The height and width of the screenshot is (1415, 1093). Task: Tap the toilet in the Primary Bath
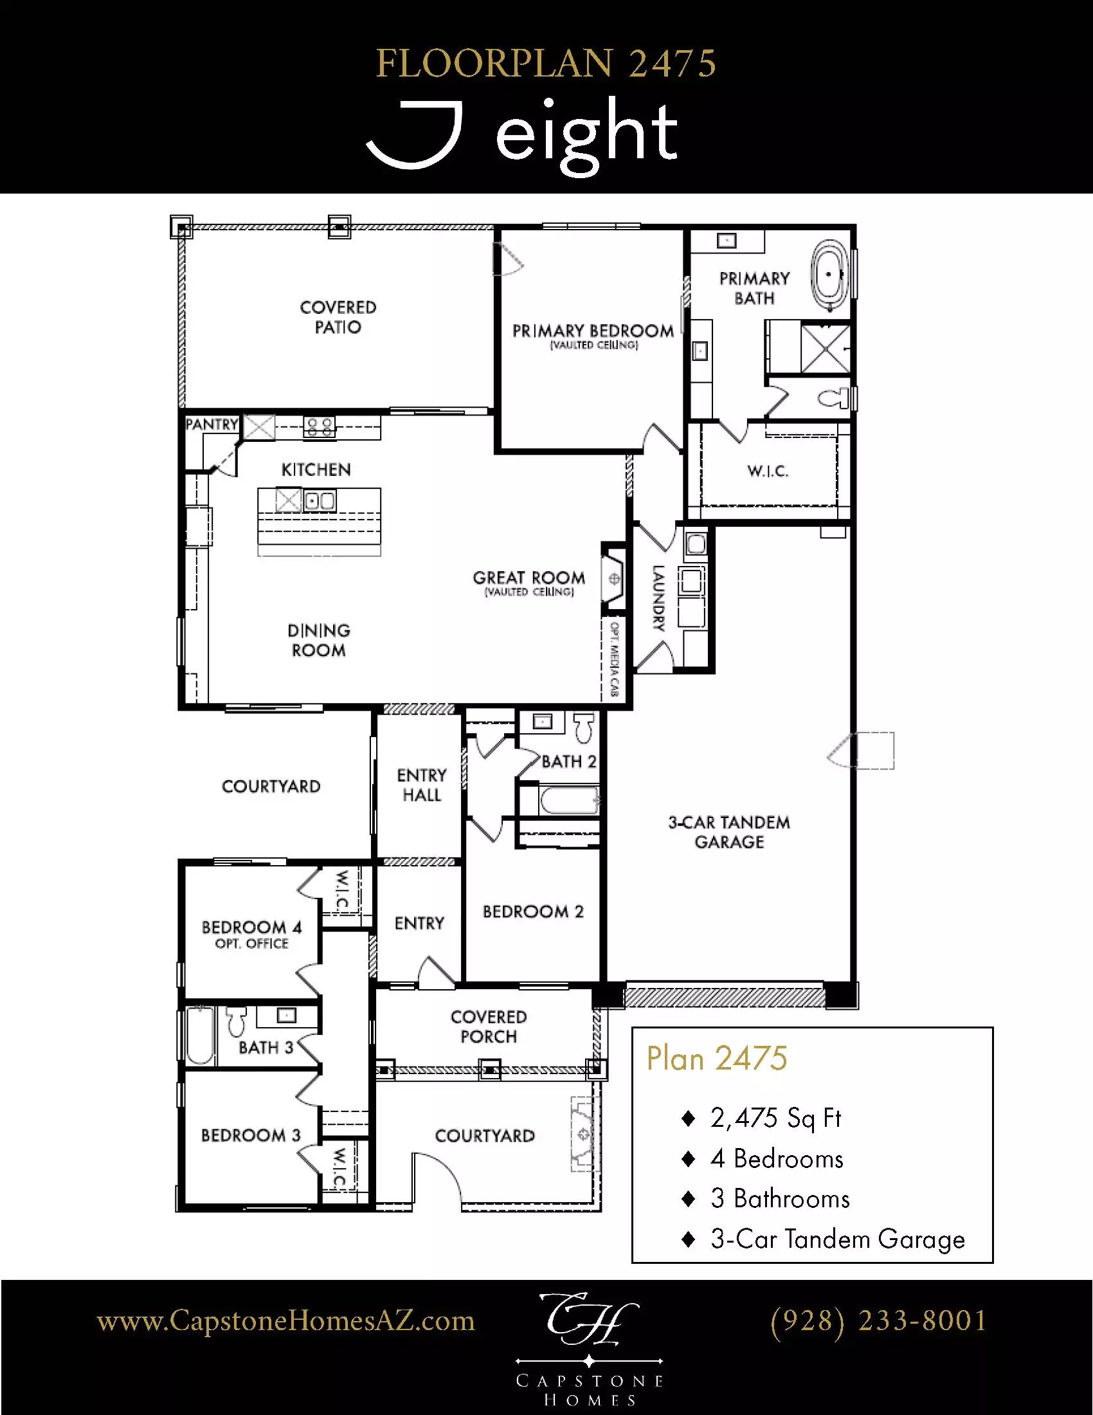835,397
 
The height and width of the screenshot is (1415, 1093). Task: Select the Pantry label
212,424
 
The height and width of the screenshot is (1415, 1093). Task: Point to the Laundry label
658,598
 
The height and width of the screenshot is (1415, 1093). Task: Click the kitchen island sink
320,501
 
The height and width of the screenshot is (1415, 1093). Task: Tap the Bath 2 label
568,762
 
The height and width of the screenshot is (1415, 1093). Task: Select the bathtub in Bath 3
200,1035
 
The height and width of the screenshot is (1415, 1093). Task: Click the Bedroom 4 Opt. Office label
251,935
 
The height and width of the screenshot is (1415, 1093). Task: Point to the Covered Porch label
488,1027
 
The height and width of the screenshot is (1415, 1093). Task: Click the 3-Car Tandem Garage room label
729,832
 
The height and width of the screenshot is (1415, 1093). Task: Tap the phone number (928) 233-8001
878,1320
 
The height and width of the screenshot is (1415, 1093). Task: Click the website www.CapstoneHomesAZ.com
285,1320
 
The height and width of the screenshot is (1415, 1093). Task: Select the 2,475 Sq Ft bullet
775,1118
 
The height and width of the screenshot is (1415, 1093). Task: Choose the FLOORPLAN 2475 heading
546,64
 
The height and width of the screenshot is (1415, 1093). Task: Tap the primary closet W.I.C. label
767,471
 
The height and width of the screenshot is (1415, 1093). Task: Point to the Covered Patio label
338,317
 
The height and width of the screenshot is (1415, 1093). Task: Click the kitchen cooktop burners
320,426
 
